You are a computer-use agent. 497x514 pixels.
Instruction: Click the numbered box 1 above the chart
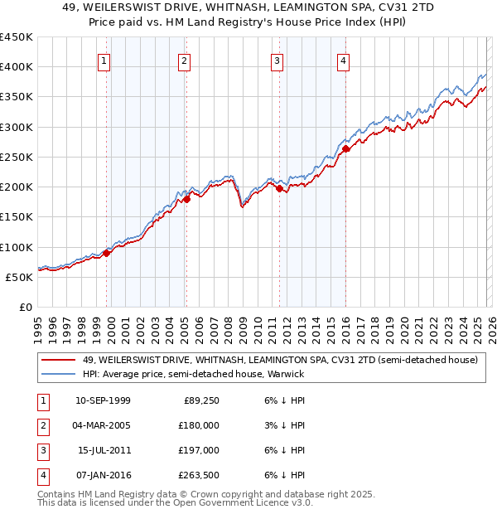click(104, 60)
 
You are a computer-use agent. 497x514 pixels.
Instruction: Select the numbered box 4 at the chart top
click(342, 60)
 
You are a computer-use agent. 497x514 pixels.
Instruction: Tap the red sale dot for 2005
click(186, 199)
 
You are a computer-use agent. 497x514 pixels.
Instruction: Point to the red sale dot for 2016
click(346, 149)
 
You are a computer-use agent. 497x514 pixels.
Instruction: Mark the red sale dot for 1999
click(107, 254)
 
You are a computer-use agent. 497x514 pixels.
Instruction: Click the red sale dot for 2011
click(279, 189)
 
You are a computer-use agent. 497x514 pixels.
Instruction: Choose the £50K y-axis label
click(20, 277)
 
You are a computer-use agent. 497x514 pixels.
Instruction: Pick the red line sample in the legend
click(58, 361)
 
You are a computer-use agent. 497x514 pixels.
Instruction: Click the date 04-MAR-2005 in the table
click(102, 424)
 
